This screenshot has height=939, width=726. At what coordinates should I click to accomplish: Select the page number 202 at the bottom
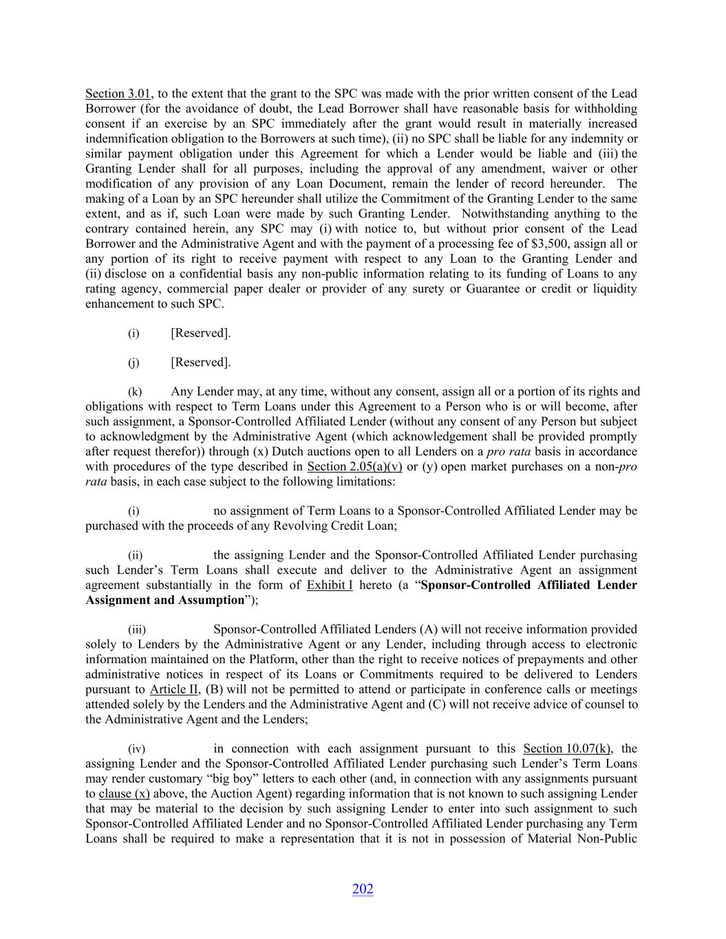click(363, 889)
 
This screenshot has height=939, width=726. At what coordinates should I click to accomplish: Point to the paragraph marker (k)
click(134, 392)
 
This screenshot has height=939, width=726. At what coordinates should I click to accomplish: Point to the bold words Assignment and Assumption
click(165, 601)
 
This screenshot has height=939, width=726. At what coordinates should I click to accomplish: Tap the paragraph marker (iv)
click(136, 749)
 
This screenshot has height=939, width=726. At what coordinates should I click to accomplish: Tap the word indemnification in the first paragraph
click(127, 139)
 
